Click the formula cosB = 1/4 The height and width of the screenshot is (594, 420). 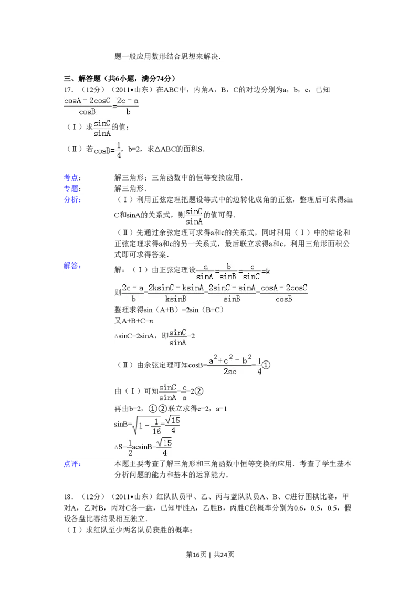tap(108, 150)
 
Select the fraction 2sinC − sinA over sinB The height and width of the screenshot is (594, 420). tap(232, 293)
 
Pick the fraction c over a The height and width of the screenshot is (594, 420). tap(185, 393)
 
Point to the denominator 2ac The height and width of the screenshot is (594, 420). tap(230, 372)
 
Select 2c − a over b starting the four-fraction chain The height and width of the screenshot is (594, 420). tap(133, 293)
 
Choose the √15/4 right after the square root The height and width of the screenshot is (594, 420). tap(172, 426)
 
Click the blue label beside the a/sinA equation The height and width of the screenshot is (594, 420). tap(72, 267)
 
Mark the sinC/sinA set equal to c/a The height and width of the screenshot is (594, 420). tap(167, 393)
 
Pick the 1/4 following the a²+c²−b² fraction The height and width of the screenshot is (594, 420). tap(260, 366)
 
